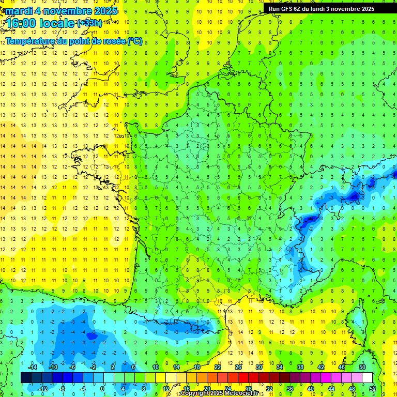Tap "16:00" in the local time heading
21,23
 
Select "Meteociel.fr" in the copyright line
241,393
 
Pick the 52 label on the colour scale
372,388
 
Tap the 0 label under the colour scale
102,388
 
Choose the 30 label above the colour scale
258,367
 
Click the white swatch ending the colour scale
367,378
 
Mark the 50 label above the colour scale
362,367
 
